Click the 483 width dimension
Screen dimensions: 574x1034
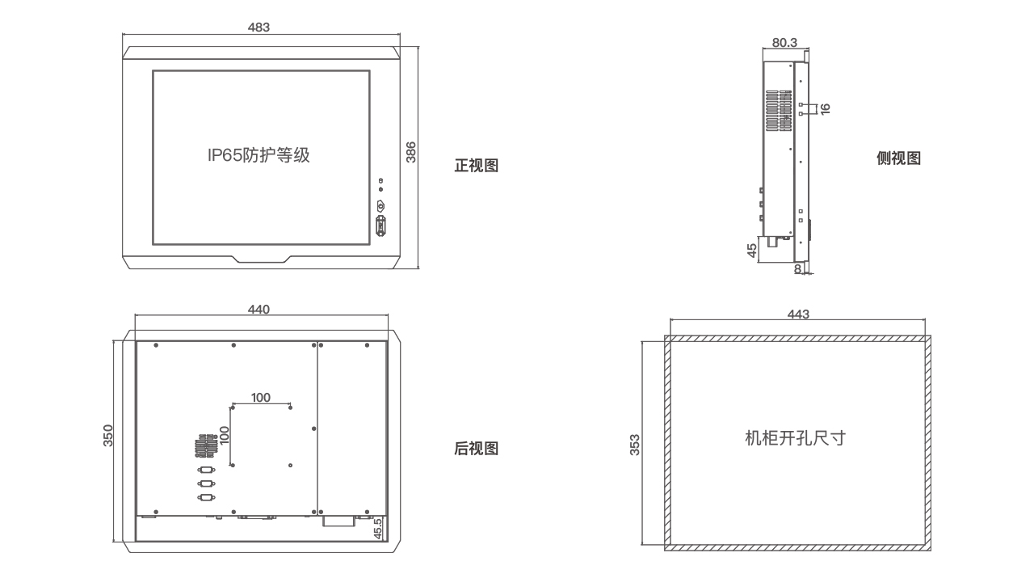pos(258,27)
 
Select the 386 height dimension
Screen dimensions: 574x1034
pos(410,153)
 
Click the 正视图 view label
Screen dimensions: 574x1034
pos(477,166)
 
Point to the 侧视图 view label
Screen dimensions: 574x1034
pos(898,158)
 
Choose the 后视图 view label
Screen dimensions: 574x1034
pos(477,448)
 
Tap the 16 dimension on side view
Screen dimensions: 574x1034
pos(825,109)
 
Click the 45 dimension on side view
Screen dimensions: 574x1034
pos(752,251)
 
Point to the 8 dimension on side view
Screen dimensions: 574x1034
pos(798,268)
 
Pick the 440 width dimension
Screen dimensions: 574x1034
pos(258,310)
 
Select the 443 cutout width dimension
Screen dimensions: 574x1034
pos(797,314)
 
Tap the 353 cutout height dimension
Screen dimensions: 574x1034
pos(635,445)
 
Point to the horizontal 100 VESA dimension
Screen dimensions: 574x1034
pos(261,397)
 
